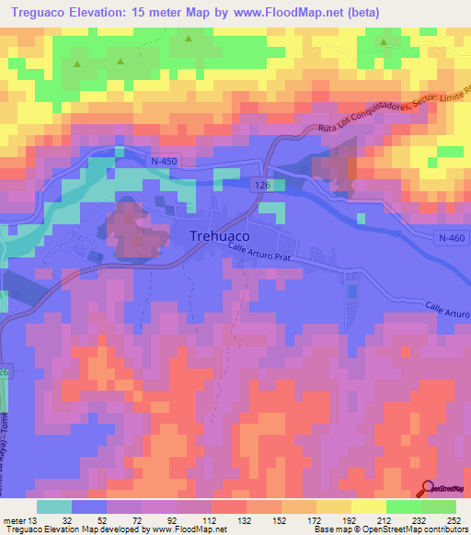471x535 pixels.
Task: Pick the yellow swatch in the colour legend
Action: [370, 507]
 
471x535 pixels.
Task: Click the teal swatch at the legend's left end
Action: [53, 507]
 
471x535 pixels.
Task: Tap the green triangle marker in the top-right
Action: [384, 41]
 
